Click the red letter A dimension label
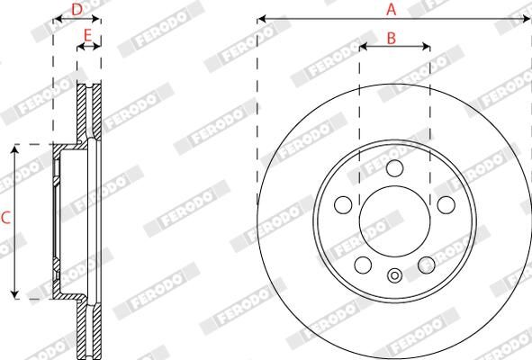(x=392, y=9)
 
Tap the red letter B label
(x=392, y=37)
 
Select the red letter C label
(x=6, y=217)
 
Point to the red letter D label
(x=77, y=9)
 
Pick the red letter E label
(x=87, y=35)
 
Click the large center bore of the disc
(x=394, y=221)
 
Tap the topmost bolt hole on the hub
(x=394, y=169)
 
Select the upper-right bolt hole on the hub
(x=445, y=205)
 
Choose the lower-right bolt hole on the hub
(x=426, y=265)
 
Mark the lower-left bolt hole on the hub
(x=363, y=265)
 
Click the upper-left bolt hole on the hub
(x=343, y=205)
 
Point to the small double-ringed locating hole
(x=394, y=276)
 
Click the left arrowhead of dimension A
(x=262, y=17)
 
